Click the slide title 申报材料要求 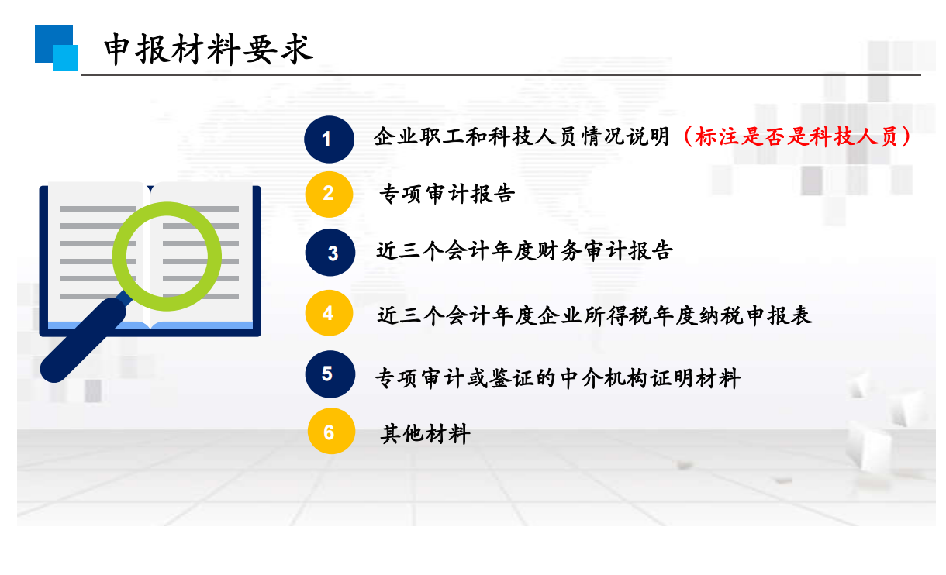(x=209, y=50)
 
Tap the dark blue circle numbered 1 (x=329, y=139)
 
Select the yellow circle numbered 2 (x=329, y=195)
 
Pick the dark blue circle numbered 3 (x=330, y=253)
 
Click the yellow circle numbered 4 (x=329, y=313)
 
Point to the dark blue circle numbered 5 (x=330, y=374)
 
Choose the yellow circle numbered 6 (x=331, y=431)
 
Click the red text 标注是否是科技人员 (x=796, y=137)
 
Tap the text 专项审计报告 (x=447, y=194)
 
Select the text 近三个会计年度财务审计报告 (x=524, y=251)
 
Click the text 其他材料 (x=425, y=433)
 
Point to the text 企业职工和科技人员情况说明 (x=522, y=137)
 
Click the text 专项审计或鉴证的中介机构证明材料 (x=558, y=378)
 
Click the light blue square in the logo (x=65, y=57)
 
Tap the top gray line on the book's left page (x=98, y=209)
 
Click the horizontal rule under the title (x=501, y=75)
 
